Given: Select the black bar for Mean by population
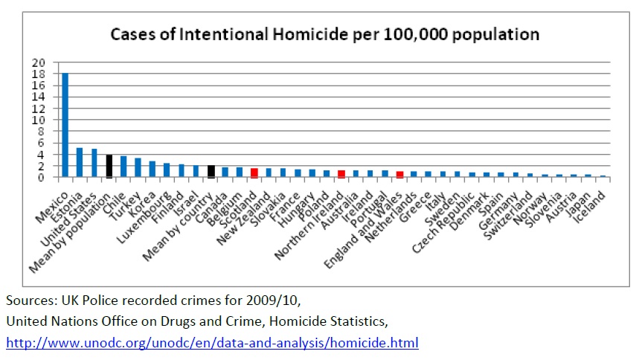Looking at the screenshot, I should click(109, 166).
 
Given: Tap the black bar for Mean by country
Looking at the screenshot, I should click(211, 171).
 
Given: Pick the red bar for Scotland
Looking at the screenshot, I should click(254, 173).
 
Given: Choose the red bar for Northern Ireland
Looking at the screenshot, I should click(341, 174).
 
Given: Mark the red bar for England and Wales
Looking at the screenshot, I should click(399, 174).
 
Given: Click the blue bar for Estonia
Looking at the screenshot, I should click(80, 162).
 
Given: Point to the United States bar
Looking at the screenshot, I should click(94, 163).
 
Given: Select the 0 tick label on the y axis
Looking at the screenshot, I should click(42, 177).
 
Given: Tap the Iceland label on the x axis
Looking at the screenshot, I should click(595, 195).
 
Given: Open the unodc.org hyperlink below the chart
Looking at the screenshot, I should click(213, 343).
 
